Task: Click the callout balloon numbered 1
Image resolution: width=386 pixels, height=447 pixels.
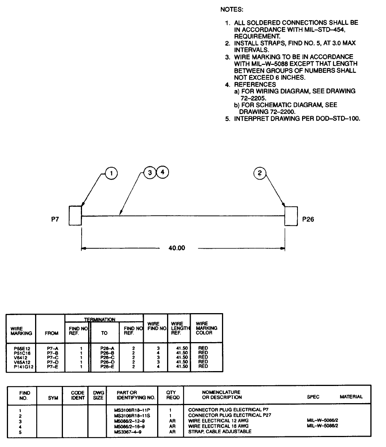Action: pyautogui.click(x=111, y=173)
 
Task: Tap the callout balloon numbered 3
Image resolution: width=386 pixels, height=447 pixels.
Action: pyautogui.click(x=150, y=172)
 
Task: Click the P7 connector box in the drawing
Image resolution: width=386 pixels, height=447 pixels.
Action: pyautogui.click(x=75, y=215)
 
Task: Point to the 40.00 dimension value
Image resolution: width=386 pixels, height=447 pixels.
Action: pyautogui.click(x=177, y=248)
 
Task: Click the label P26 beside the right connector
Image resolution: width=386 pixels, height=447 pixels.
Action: pyautogui.click(x=308, y=219)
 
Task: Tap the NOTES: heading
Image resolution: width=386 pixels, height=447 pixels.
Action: pyautogui.click(x=232, y=9)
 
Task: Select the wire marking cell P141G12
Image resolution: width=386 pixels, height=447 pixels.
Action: pyautogui.click(x=21, y=366)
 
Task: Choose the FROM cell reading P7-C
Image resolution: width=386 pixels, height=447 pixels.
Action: pyautogui.click(x=51, y=357)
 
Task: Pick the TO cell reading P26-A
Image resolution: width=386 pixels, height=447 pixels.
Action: pyautogui.click(x=104, y=349)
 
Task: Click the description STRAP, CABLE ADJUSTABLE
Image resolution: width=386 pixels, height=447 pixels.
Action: pyautogui.click(x=220, y=431)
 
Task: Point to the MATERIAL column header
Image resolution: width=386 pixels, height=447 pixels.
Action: pyautogui.click(x=351, y=397)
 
